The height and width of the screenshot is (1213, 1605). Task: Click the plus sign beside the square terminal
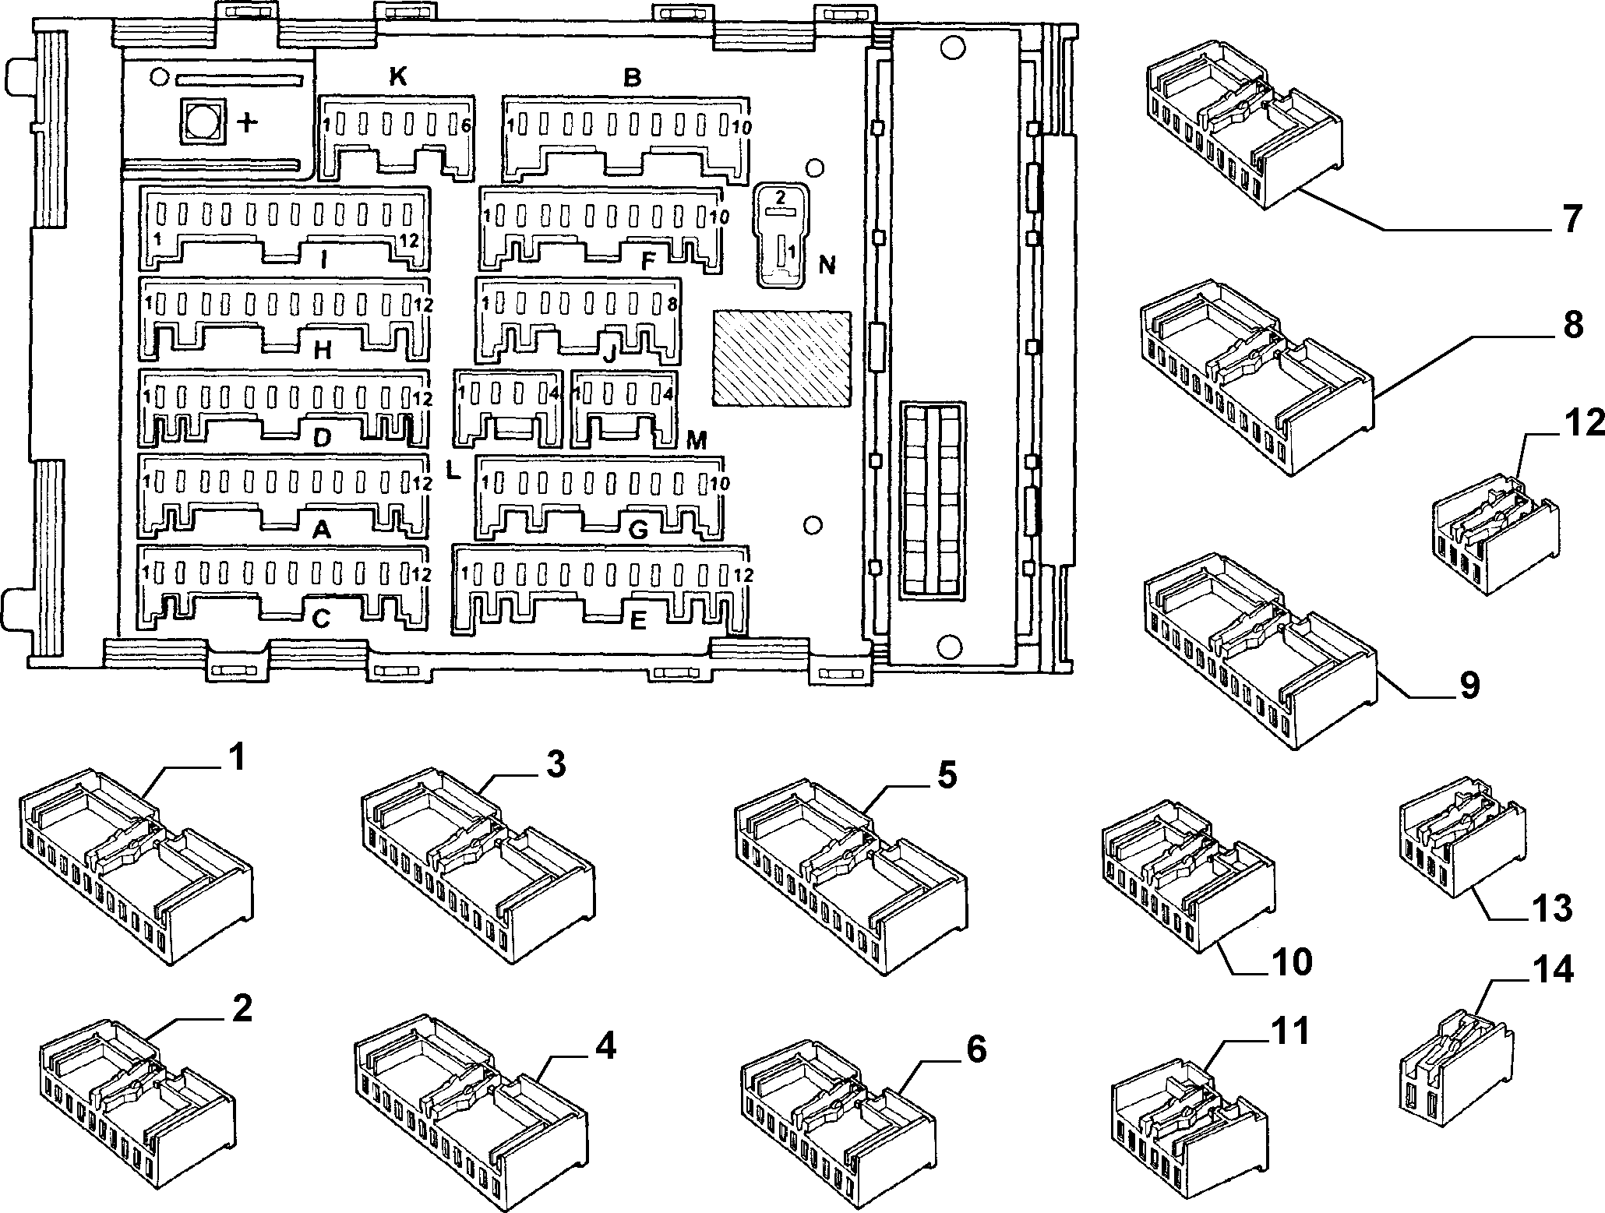(x=247, y=122)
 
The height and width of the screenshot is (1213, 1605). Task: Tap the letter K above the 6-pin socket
(x=397, y=77)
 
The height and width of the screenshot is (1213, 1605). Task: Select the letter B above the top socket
(x=633, y=78)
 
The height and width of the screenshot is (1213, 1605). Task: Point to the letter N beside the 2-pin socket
(x=827, y=266)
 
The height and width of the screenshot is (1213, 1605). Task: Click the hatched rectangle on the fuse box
(x=781, y=357)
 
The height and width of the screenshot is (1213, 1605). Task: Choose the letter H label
(x=323, y=351)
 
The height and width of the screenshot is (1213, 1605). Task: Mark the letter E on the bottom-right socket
(x=637, y=621)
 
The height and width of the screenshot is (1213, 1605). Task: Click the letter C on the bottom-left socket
(x=321, y=619)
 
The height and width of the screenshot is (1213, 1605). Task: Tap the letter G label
(x=637, y=530)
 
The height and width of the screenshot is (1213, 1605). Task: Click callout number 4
(x=605, y=1046)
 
